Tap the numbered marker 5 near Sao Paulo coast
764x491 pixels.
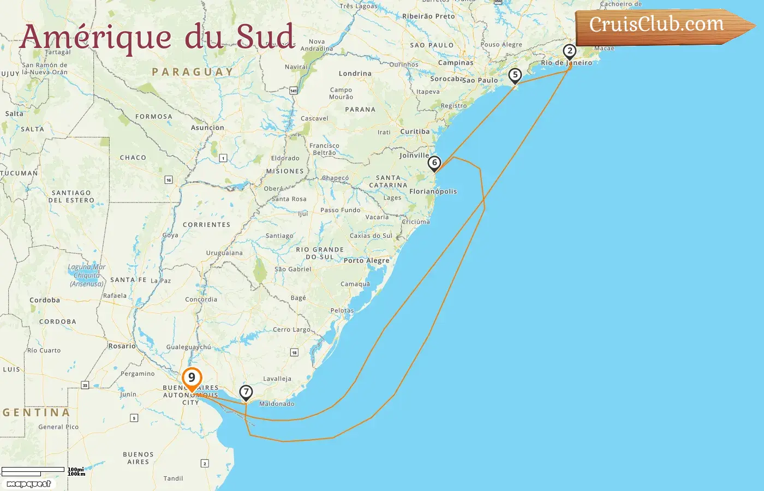(515, 75)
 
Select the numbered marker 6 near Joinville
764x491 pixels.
(434, 163)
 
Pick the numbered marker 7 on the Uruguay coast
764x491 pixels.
(246, 392)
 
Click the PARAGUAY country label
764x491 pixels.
(193, 72)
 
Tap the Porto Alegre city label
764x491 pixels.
(367, 260)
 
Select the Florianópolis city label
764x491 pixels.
(433, 191)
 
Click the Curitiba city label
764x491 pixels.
(415, 131)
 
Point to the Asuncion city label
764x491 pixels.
(207, 128)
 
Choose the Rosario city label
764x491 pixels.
(122, 346)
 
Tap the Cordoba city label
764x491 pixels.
(45, 300)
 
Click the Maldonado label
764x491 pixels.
(277, 404)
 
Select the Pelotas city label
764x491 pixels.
(342, 310)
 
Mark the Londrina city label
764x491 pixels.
(355, 74)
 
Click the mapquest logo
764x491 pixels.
(29, 483)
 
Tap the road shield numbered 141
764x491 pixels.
(294, 91)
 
